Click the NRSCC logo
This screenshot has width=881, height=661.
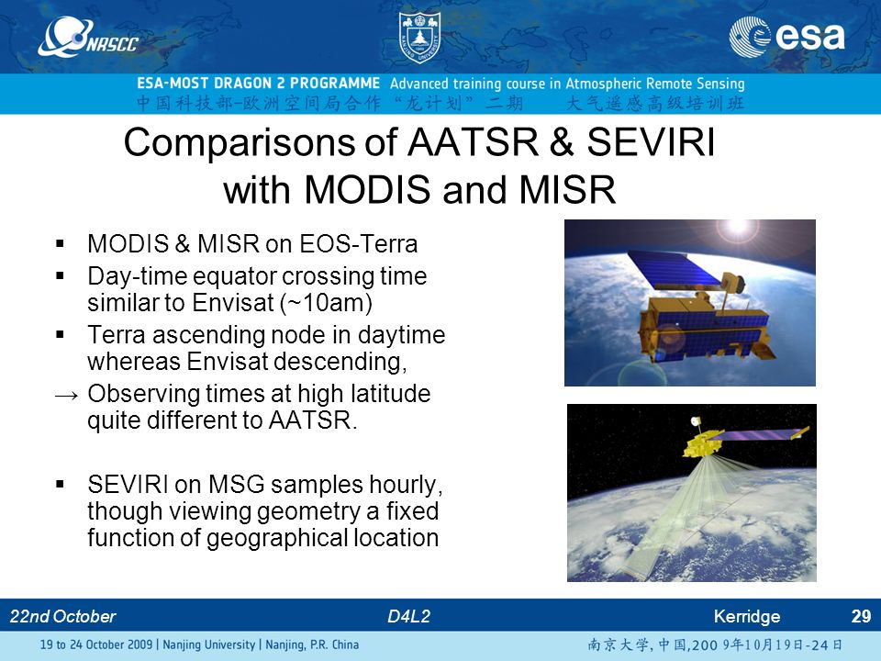coord(88,37)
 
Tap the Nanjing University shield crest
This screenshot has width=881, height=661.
coord(419,37)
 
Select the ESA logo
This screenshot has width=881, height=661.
coord(786,37)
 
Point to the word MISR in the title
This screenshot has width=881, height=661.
coord(567,189)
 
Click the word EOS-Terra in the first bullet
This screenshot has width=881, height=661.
coord(359,244)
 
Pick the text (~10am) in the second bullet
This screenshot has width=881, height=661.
coord(326,303)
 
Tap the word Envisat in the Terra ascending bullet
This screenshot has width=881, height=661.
coord(227,362)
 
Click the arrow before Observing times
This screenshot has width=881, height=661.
coord(66,396)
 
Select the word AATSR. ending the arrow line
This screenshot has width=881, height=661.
coord(313,420)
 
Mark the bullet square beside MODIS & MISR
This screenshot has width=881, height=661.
coord(61,244)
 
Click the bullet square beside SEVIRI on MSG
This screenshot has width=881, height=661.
coord(61,484)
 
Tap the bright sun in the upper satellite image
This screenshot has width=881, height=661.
coord(738,227)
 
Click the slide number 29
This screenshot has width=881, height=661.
coord(861,617)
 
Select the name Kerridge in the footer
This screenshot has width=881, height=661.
coord(747,617)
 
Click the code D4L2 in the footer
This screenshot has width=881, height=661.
coord(408,617)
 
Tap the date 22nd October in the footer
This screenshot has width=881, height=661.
coord(63,617)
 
